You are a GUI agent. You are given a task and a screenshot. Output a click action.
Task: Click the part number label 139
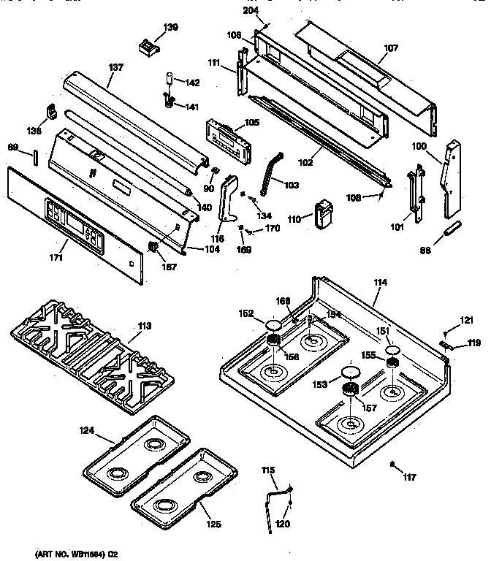pyautogui.click(x=170, y=27)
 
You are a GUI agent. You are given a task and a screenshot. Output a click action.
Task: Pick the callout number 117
pyautogui.click(x=408, y=478)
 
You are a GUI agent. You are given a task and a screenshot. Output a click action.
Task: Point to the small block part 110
pyautogui.click(x=321, y=213)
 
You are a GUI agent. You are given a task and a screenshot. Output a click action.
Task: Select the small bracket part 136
pyautogui.click(x=52, y=112)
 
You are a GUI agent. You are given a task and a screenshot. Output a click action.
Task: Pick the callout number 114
pyautogui.click(x=381, y=283)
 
